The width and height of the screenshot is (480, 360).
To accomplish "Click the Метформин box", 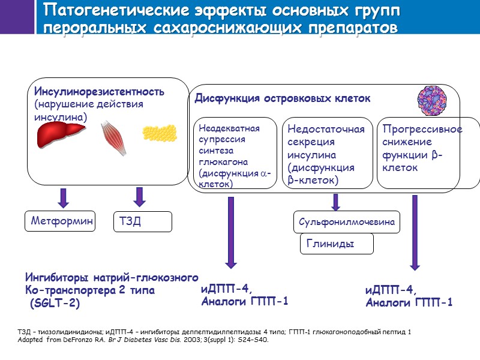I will (60, 221).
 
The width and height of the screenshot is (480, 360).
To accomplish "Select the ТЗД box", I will (143, 221).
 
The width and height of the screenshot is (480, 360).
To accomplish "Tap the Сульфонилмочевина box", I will (347, 223).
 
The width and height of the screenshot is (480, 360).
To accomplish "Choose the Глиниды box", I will (336, 244).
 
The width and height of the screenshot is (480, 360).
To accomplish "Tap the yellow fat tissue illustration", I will (160, 137).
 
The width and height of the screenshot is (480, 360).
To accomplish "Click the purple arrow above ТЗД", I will (139, 196).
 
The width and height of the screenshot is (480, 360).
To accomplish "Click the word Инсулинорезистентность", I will (99, 92).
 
